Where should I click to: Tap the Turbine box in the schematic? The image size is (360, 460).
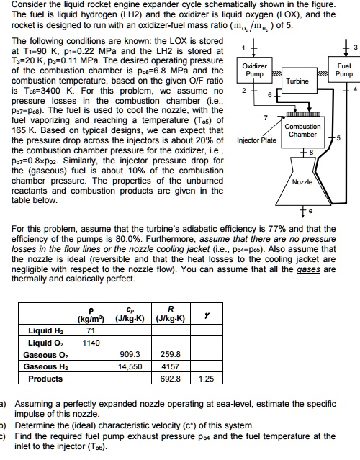tap(297, 81)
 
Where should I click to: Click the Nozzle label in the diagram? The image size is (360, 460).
tap(302, 183)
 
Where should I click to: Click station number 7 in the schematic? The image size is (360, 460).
tap(266, 117)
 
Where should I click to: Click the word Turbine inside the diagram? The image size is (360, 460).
tap(297, 81)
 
